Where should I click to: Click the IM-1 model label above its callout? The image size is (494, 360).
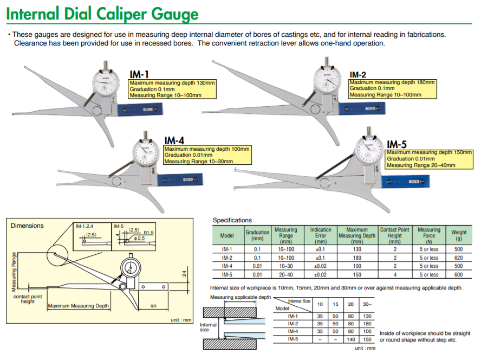pos(139,74)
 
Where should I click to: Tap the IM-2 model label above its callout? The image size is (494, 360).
pos(357,74)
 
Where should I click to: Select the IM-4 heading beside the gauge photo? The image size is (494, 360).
pos(174,140)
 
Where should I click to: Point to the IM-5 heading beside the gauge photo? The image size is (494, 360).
pos(396,144)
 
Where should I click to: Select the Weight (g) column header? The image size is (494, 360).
pos(458,235)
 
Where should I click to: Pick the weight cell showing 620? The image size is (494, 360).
pos(458,258)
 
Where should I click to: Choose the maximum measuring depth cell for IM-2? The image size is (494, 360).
pos(357,258)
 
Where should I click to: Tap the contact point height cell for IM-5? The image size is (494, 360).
pos(395,274)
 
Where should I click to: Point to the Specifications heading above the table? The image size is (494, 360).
pos(232,220)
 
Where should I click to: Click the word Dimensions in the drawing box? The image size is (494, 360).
pos(27,226)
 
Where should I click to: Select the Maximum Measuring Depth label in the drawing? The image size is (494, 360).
pos(79,306)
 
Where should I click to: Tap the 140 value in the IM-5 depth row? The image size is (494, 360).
pos(350,339)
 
